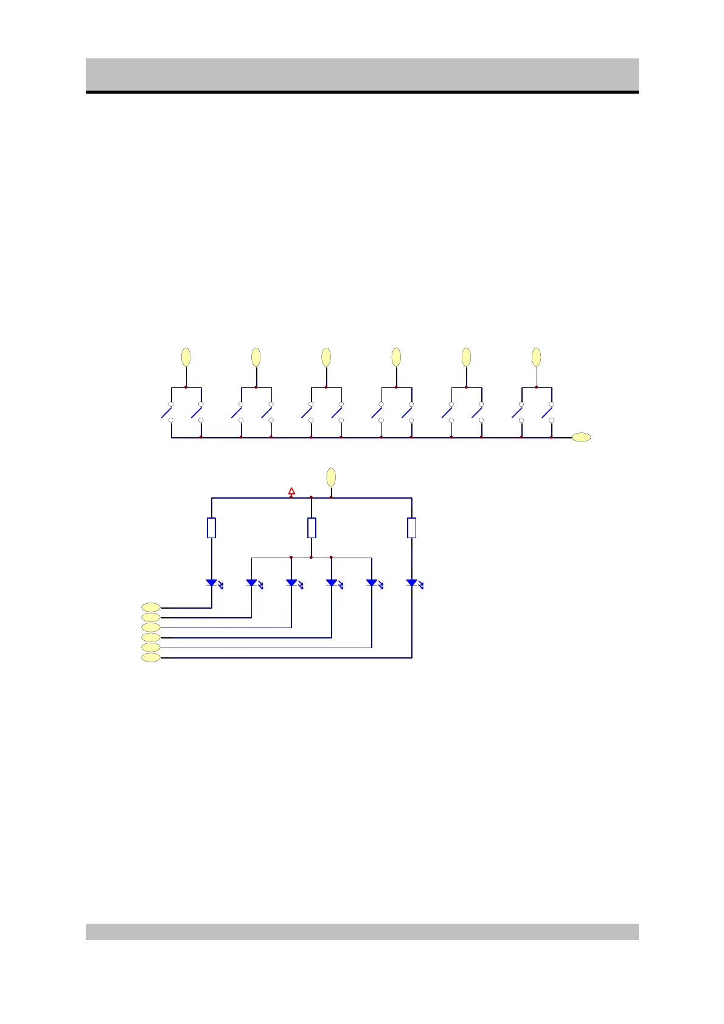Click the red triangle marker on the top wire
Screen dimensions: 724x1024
point(291,491)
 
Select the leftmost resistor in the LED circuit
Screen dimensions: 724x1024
point(211,528)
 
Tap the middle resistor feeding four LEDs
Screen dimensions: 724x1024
point(312,528)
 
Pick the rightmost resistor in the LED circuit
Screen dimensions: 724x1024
point(412,528)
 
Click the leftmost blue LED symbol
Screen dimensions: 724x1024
point(212,583)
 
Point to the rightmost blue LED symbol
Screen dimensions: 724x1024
point(412,583)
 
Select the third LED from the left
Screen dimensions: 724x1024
point(291,583)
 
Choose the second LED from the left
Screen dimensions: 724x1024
point(251,583)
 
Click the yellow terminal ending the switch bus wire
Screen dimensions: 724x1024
point(582,437)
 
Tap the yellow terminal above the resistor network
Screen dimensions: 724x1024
point(331,477)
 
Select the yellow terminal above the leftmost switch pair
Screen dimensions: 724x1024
point(186,357)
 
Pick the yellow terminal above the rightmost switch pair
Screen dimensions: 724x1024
point(536,357)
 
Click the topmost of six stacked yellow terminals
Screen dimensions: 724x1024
point(151,607)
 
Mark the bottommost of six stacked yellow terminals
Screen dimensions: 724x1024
point(151,657)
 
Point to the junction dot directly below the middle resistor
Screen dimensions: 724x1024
point(312,557)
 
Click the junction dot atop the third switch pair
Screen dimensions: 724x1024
point(326,387)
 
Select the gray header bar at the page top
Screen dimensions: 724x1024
point(362,74)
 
